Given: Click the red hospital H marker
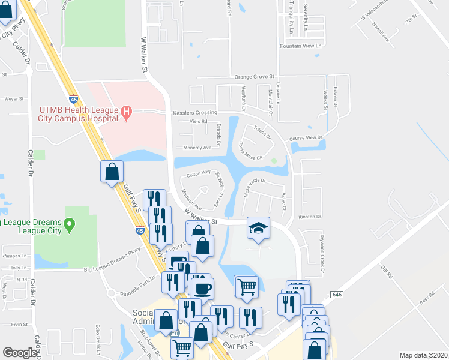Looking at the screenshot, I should tap(126, 112).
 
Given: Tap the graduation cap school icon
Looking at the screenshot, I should tap(258, 228).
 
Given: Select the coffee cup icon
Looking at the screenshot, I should tap(201, 288).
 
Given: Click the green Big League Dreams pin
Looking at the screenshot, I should tap(70, 226).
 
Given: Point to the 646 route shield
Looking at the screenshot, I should tap(336, 295).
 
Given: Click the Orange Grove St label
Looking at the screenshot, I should tap(254, 77).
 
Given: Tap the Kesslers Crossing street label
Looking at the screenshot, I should tap(194, 112).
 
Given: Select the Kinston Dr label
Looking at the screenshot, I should tap(310, 217).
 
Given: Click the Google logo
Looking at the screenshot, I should tap(20, 353).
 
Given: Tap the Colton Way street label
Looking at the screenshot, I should tap(198, 173).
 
